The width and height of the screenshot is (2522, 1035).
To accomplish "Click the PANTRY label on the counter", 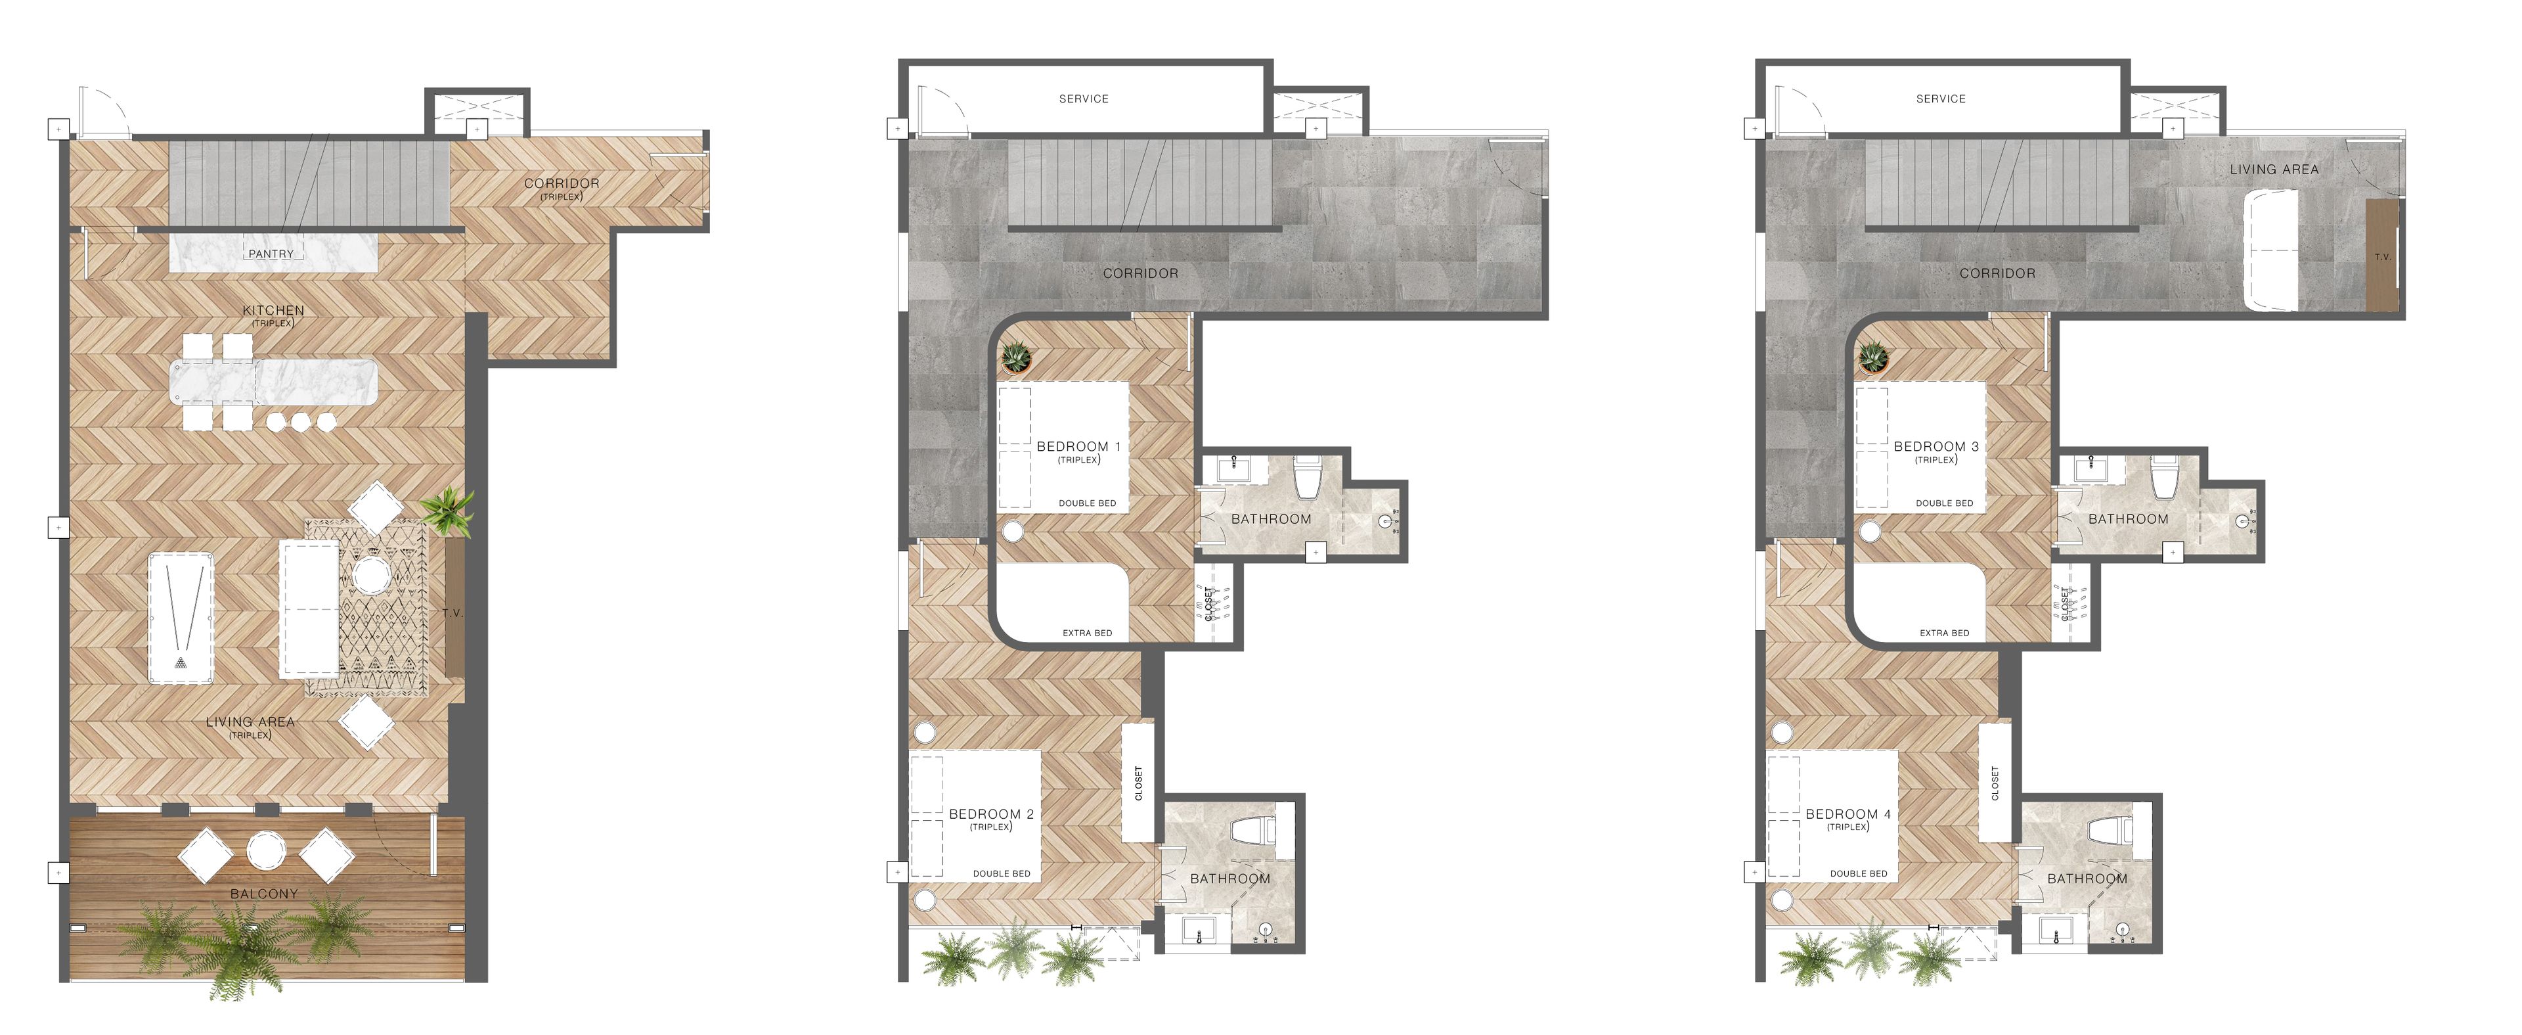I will [271, 254].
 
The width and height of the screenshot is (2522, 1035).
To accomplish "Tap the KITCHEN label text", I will [273, 310].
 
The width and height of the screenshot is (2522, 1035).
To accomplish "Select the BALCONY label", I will [263, 894].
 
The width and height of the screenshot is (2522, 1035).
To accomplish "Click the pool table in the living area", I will [181, 618].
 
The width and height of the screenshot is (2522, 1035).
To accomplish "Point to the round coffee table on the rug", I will [372, 575].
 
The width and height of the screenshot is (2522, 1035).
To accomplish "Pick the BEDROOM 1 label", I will [1078, 446].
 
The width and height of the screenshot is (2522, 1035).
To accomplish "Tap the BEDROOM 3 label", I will [1936, 446].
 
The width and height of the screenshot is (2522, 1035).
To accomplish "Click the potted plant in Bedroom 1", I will [1016, 357].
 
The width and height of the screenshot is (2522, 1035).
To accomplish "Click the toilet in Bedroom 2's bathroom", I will [1250, 831].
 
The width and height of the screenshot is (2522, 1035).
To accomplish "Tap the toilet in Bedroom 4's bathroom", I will [2108, 831].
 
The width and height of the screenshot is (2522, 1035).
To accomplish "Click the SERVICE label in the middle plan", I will [1084, 99].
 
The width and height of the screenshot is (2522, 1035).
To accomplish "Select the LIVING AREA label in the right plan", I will [2273, 170].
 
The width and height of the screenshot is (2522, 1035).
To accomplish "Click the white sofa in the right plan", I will [2269, 250].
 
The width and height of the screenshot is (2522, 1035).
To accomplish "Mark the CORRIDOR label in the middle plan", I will [1141, 274].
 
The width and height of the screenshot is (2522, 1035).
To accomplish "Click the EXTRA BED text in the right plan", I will [1943, 633].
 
